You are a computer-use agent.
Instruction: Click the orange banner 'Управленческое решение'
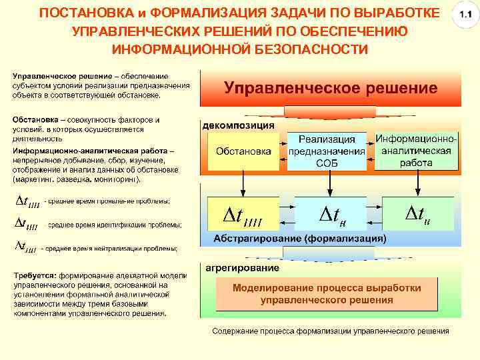pyautogui.click(x=330, y=88)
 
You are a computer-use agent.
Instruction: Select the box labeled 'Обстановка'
pyautogui.click(x=243, y=151)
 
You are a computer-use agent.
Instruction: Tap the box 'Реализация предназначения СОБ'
pyautogui.click(x=327, y=151)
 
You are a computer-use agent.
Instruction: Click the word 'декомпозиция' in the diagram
pyautogui.click(x=238, y=125)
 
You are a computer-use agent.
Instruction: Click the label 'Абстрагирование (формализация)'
pyautogui.click(x=299, y=238)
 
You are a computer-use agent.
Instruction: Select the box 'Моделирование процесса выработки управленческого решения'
pyautogui.click(x=327, y=294)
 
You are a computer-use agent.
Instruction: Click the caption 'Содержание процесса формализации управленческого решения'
pyautogui.click(x=330, y=331)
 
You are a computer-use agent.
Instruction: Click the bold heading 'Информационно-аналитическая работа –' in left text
pyautogui.click(x=93, y=152)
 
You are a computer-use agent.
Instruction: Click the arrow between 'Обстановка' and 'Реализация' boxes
pyautogui.click(x=281, y=151)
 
